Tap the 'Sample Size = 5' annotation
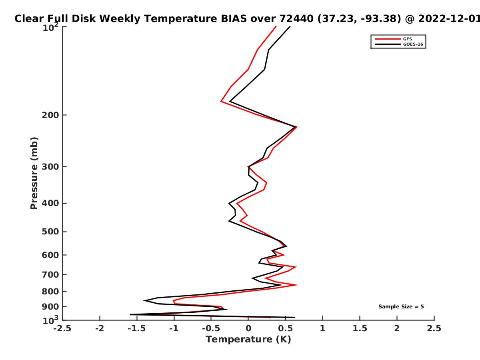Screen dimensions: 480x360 click(x=401, y=307)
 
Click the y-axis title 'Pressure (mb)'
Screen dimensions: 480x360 click(x=34, y=173)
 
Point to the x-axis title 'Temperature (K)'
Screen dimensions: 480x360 click(x=248, y=340)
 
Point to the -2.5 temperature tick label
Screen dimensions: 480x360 click(x=62, y=328)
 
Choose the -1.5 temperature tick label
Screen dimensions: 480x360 click(x=137, y=328)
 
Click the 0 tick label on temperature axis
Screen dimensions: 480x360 click(x=248, y=328)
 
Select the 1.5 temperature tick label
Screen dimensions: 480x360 click(x=360, y=328)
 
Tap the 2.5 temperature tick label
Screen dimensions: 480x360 click(x=434, y=328)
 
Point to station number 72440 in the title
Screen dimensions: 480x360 click(x=296, y=19)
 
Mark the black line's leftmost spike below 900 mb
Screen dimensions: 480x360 click(x=130, y=314)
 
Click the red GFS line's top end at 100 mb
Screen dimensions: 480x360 click(x=276, y=26)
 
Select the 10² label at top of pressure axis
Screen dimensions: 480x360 click(x=50, y=27)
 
